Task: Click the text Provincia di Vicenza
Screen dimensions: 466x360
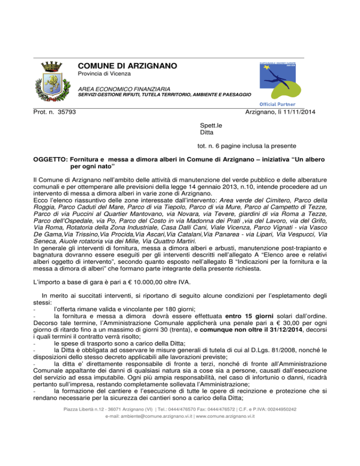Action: (104, 75)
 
